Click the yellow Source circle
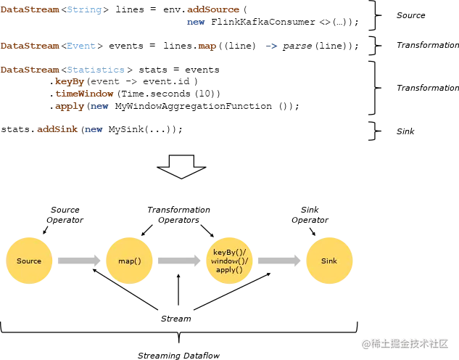pyautogui.click(x=29, y=261)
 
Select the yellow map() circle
pyautogui.click(x=129, y=261)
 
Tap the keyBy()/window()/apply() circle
pyautogui.click(x=230, y=261)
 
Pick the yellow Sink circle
pyautogui.click(x=328, y=261)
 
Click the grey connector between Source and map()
pyautogui.click(x=79, y=261)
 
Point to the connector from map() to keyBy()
pyautogui.click(x=179, y=261)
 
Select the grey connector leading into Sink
pyautogui.click(x=279, y=261)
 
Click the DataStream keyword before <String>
pyautogui.click(x=29, y=11)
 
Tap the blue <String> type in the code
pyautogui.click(x=83, y=11)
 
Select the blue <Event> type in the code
pyautogui.click(x=80, y=46)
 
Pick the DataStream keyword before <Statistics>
pyautogui.click(x=29, y=70)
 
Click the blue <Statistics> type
pyautogui.click(x=96, y=70)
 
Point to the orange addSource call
pyautogui.click(x=214, y=11)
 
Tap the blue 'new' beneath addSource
pyautogui.click(x=196, y=22)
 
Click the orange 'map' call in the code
pyautogui.click(x=207, y=46)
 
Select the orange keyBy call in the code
pyautogui.click(x=70, y=82)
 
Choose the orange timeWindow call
pyautogui.click(x=85, y=94)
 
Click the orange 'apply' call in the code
pyautogui.click(x=70, y=107)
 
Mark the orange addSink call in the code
pyautogui.click(x=58, y=129)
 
